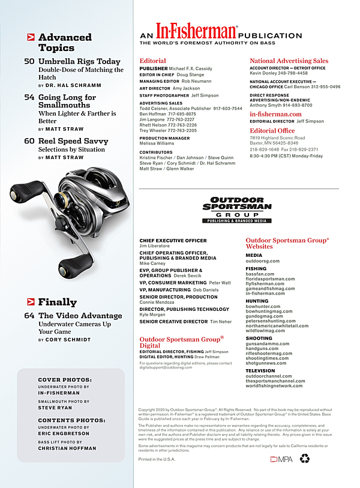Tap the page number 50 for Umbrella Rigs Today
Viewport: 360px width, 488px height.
pos(29,61)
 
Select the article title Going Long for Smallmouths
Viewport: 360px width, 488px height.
pos(67,101)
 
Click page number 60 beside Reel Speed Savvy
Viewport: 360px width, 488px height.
pos(29,141)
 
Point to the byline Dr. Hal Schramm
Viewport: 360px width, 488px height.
pos(76,86)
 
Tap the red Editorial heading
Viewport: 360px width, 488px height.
pos(152,61)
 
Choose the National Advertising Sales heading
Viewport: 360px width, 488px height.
pos(289,61)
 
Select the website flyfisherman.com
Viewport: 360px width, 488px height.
pos(270,284)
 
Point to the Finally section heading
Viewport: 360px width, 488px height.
pos(57,302)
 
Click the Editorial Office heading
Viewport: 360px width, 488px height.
pos(272,130)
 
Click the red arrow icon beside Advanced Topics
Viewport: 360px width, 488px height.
pos(31,38)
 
